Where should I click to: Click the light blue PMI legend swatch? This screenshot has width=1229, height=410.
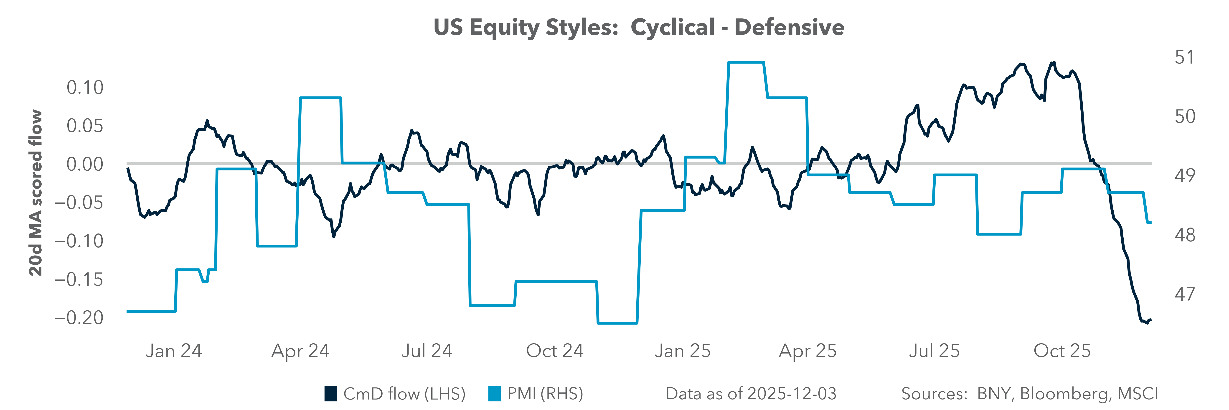494,394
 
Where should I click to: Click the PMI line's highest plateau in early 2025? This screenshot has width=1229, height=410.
746,62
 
